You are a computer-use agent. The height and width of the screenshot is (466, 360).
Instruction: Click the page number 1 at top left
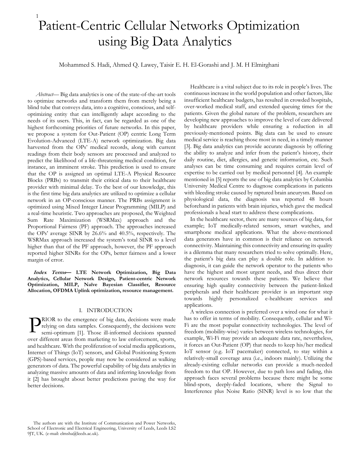pos(37,16)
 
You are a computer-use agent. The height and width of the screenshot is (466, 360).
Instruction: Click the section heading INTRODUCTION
pos(109,311)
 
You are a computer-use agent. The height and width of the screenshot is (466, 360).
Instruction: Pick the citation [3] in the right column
pos(187,147)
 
